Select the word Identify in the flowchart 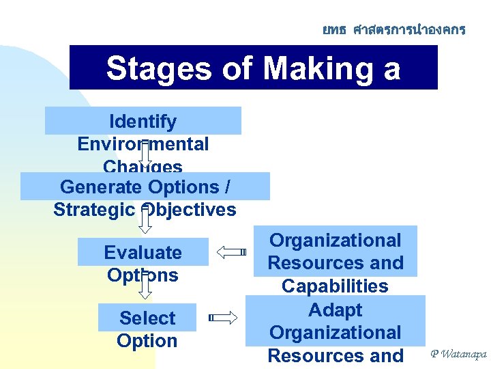pos(143,122)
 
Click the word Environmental pos(143,144)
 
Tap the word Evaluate pos(143,253)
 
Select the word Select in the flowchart pos(147,318)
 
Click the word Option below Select pos(147,341)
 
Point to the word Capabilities pos(335,286)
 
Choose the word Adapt pos(335,310)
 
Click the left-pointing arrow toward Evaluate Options pos(231,251)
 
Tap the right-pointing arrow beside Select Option pos(223,317)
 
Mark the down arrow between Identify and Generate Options pos(145,156)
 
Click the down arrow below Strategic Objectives pos(145,223)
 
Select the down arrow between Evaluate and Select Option pos(145,287)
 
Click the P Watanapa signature pos(458,354)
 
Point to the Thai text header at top pos(393,30)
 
